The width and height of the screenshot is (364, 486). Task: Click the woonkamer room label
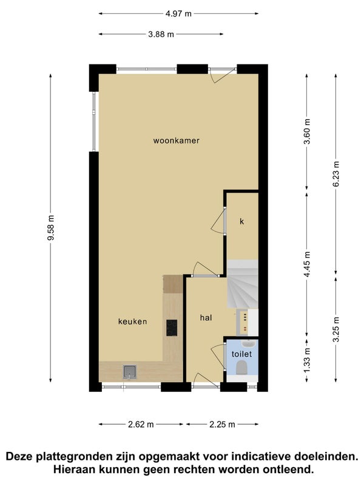coord(176,141)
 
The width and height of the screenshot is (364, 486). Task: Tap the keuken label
coord(132,321)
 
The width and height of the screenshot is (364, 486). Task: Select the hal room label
coord(206,318)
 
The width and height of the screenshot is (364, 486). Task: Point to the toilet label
coord(241,354)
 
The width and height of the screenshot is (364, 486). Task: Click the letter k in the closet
coord(241,221)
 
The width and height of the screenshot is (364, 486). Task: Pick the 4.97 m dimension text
coord(178,13)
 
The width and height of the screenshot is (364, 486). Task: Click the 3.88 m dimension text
coord(161,35)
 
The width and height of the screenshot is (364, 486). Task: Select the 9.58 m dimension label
coord(51,227)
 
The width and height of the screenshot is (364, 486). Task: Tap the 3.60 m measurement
coord(307,131)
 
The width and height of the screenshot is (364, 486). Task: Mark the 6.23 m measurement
coord(336,174)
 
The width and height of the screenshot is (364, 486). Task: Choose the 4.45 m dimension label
coord(307,264)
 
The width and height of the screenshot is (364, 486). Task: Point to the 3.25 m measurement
coord(336,329)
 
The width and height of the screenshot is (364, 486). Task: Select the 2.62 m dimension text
coord(141,424)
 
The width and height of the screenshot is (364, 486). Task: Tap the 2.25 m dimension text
coord(222,424)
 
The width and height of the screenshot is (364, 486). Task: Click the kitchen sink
coord(130,372)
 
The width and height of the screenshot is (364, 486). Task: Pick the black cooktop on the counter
coord(172,328)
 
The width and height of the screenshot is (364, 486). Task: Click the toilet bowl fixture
coord(241,369)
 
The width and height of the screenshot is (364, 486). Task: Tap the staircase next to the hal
coord(243,284)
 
